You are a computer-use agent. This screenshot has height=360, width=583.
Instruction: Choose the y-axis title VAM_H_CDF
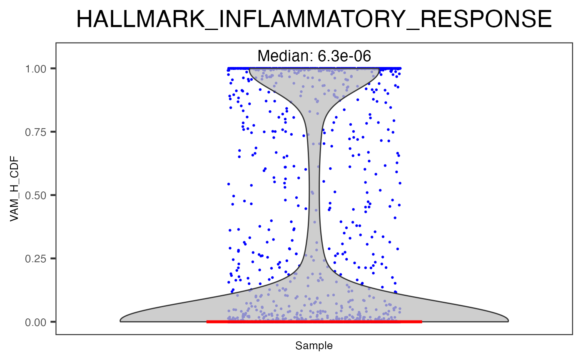(15, 195)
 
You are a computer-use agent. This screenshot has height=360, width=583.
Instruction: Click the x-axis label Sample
(314, 346)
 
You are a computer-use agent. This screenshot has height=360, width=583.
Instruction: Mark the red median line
(314, 322)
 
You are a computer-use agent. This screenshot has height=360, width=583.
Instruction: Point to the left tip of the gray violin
(121, 320)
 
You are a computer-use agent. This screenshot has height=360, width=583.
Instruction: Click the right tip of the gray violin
(508, 320)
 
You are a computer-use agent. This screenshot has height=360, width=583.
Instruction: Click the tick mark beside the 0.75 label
(54, 132)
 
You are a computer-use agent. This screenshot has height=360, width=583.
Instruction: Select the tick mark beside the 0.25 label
(54, 258)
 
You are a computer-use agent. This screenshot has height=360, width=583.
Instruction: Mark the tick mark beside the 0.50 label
(54, 195)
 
